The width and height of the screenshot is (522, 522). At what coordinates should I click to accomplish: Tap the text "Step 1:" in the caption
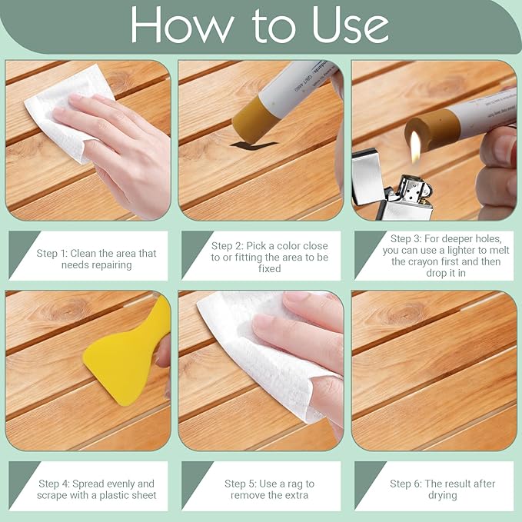coord(52,254)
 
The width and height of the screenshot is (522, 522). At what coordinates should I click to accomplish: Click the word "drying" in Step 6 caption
coord(443,496)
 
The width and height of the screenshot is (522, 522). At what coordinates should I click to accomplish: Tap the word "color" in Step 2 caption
coord(291,246)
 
